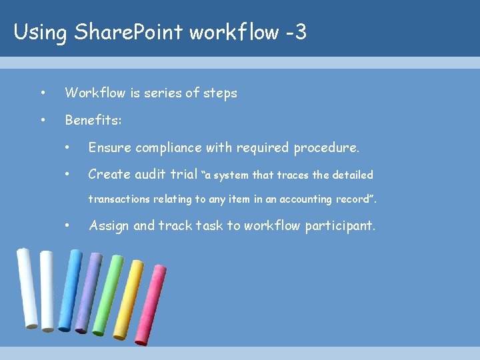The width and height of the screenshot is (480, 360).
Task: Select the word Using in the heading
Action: pyautogui.click(x=39, y=32)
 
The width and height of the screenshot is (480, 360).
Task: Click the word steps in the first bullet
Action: pyautogui.click(x=220, y=93)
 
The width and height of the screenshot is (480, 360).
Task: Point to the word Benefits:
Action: pyautogui.click(x=93, y=121)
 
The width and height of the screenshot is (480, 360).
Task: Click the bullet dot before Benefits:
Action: pyautogui.click(x=43, y=121)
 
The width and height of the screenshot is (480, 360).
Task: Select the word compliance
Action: pyautogui.click(x=172, y=148)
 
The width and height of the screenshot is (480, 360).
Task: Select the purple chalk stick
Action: pyautogui.click(x=88, y=292)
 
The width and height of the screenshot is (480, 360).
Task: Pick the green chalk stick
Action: pyautogui.click(x=108, y=295)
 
